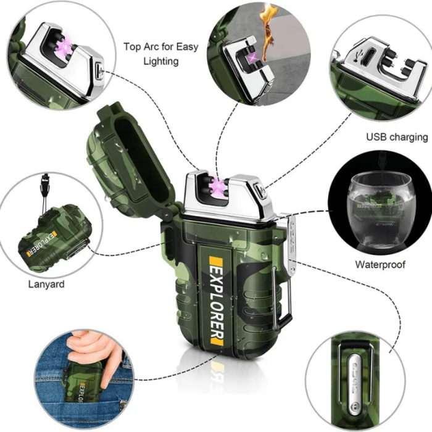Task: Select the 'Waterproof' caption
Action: pyautogui.click(x=380, y=265)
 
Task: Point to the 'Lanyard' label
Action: pyautogui.click(x=46, y=285)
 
